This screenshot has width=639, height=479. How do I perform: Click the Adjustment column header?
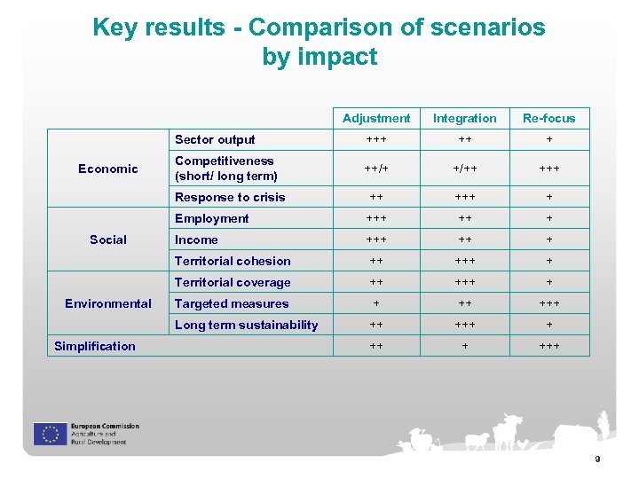pos(376,118)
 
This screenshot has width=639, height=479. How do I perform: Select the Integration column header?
pos(464,118)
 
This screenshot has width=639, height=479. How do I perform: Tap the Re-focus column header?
pos(548,118)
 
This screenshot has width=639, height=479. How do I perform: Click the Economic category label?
pos(108,169)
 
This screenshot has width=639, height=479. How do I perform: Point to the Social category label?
pos(108,239)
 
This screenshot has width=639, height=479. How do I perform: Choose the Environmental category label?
pos(108,303)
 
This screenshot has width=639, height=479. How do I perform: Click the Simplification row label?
pos(95,346)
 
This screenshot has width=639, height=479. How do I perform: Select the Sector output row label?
pos(215,139)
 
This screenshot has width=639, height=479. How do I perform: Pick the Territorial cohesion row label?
pos(233,261)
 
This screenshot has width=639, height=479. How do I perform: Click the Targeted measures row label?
pos(232,303)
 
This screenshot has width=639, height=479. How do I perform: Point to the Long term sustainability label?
pos(246,325)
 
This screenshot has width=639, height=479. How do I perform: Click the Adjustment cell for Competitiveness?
pos(376,169)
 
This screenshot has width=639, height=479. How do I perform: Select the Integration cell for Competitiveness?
pos(464,169)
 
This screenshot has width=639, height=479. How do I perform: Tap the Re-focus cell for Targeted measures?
pos(548,303)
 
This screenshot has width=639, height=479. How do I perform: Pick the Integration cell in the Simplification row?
pos(464,346)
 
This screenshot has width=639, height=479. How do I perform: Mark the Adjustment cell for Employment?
pos(376,218)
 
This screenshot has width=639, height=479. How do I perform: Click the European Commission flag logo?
pos(50,434)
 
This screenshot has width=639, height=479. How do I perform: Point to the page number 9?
pos(597,459)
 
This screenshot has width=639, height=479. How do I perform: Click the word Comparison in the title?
pos(322,27)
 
